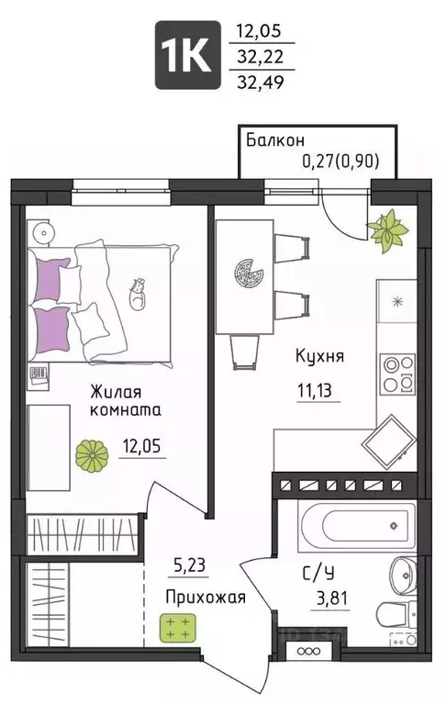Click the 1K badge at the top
pyautogui.click(x=187, y=54)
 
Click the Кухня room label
pyautogui.click(x=319, y=355)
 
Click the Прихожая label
pyautogui.click(x=205, y=598)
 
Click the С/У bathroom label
pyautogui.click(x=318, y=575)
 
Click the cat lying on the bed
pyautogui.click(x=137, y=295)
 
